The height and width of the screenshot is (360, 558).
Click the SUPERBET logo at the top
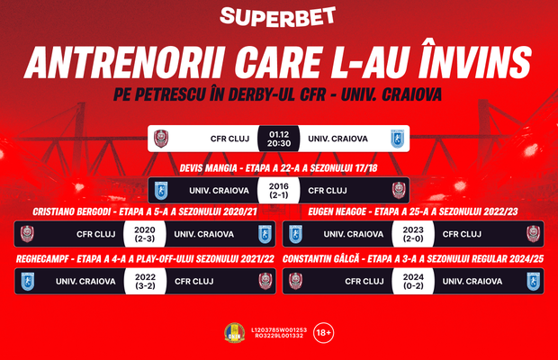click(279, 17)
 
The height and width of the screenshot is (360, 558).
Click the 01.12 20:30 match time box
click(278, 138)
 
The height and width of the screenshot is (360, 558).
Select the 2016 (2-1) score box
click(278, 190)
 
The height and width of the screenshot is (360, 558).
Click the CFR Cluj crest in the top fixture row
click(162, 138)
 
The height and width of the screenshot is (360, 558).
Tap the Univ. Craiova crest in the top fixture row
click(395, 138)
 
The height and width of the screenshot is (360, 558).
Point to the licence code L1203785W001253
click(279, 329)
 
